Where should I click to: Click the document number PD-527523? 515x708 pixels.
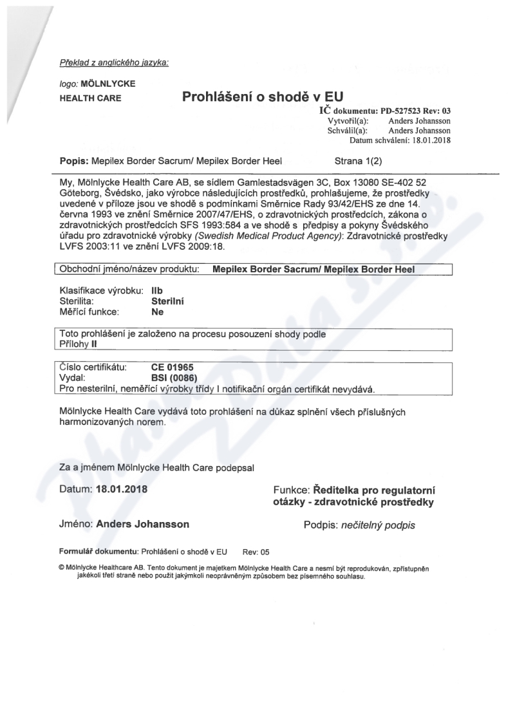[x=402, y=111]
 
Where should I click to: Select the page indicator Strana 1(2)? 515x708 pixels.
[x=359, y=158]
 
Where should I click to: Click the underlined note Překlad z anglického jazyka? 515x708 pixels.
[x=114, y=62]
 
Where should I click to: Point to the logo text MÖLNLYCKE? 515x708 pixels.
[x=108, y=84]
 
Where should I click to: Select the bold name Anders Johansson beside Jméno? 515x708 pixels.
[x=142, y=524]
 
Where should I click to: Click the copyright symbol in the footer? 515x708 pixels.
[x=61, y=568]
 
